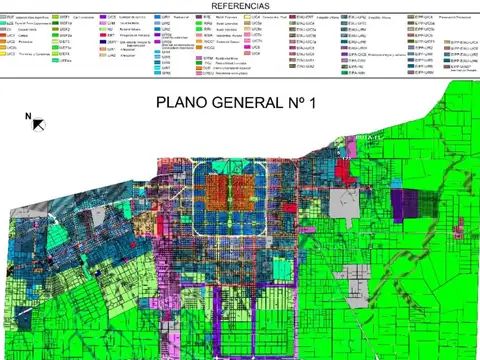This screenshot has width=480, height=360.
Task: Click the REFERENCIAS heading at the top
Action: (240, 5)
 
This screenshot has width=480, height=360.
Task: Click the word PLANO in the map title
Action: (187, 103)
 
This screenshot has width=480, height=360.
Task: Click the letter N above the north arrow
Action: (28, 116)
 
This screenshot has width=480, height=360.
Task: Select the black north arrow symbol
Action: (37, 125)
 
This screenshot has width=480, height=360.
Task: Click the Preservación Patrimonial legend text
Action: (450, 17)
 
